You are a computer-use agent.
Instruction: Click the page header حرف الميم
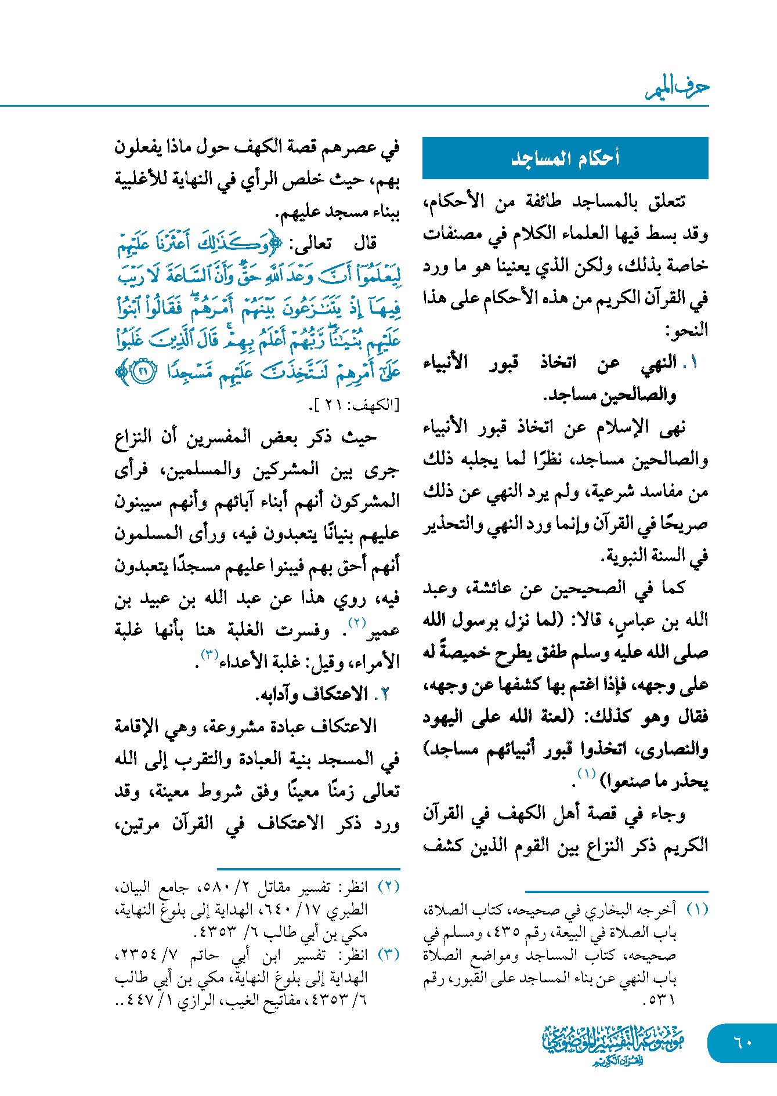point(677,88)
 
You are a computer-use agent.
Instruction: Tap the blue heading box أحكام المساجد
point(565,158)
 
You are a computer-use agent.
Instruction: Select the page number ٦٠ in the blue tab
point(742,1042)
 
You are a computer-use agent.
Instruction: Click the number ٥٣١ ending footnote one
point(659,1000)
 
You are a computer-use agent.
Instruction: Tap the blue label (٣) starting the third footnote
point(389,955)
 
